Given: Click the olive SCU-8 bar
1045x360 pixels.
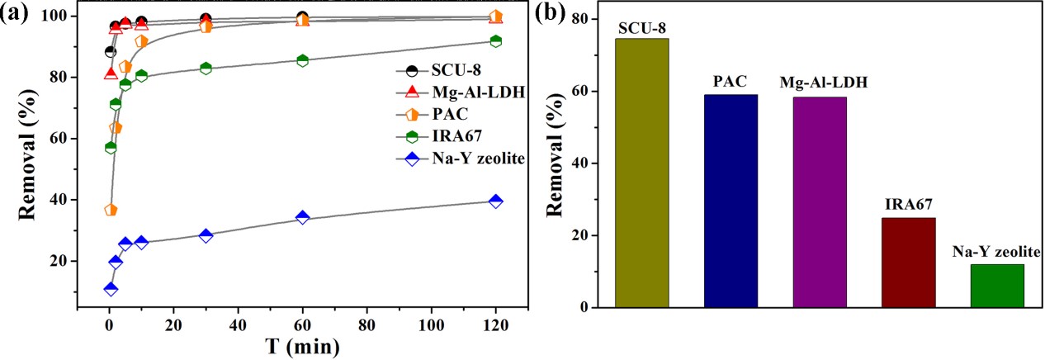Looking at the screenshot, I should [x=642, y=173].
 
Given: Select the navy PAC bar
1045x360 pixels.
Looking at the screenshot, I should [x=731, y=201].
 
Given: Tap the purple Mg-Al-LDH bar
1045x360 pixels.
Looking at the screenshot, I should [x=820, y=202].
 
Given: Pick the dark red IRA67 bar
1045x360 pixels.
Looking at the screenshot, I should [x=909, y=263].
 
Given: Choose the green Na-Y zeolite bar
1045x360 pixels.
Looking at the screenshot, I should [x=997, y=286].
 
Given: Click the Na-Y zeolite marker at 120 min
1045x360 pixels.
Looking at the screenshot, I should [x=495, y=201].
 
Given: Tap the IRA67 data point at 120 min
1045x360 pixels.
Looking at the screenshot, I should [x=495, y=41].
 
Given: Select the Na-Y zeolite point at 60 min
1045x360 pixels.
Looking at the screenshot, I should [x=302, y=217].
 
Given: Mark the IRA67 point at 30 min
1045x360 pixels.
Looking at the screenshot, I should [x=206, y=69].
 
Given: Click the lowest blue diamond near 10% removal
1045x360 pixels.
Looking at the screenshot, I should [x=111, y=289].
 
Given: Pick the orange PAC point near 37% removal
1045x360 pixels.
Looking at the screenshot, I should [x=111, y=210].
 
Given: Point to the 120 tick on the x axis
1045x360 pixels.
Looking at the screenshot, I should [x=495, y=324].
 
